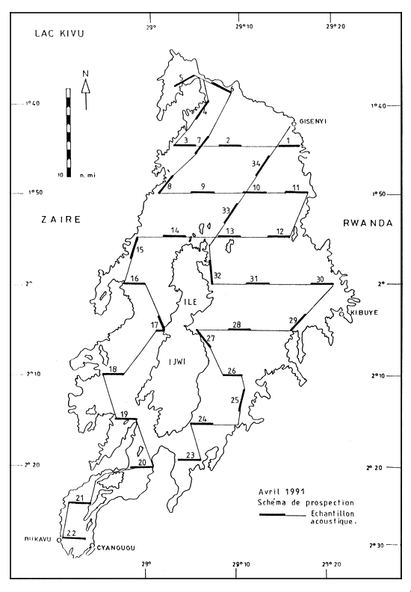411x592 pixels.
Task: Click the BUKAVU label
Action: click(x=38, y=539)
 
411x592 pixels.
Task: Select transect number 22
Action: click(x=72, y=533)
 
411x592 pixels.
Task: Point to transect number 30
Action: click(x=321, y=279)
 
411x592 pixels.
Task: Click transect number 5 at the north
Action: click(x=181, y=78)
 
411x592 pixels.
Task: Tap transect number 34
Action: click(x=256, y=163)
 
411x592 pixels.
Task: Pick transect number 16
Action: click(x=135, y=280)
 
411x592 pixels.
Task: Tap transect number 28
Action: click(x=237, y=324)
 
